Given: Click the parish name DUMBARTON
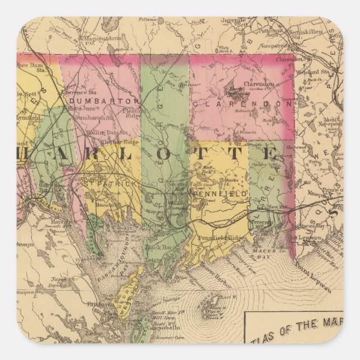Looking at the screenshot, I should coord(101,101).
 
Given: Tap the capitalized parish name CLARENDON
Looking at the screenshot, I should coord(241,105).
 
